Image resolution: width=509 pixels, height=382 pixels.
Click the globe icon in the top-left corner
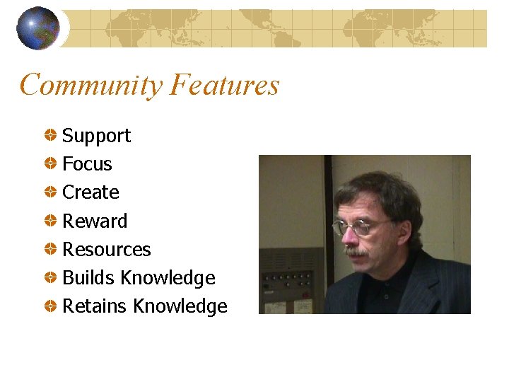click(37, 28)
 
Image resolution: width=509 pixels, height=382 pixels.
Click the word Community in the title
click(91, 86)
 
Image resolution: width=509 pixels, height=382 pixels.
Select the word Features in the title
click(225, 86)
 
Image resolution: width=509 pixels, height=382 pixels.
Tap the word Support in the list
click(96, 136)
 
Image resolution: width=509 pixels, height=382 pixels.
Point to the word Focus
click(87, 164)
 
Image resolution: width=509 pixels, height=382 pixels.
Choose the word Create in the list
click(90, 192)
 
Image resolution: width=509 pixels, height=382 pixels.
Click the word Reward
click(95, 221)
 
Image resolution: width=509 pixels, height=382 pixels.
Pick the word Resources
click(107, 250)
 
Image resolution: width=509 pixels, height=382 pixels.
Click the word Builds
click(88, 278)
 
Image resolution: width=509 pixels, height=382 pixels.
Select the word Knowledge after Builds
click(168, 278)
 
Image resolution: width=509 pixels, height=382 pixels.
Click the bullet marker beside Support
click(52, 134)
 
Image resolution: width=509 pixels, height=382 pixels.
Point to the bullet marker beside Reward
click(52, 220)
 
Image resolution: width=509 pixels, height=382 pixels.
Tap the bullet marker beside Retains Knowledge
click(52, 306)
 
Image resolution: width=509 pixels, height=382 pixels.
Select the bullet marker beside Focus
click(52, 163)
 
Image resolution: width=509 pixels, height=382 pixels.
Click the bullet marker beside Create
click(52, 192)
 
